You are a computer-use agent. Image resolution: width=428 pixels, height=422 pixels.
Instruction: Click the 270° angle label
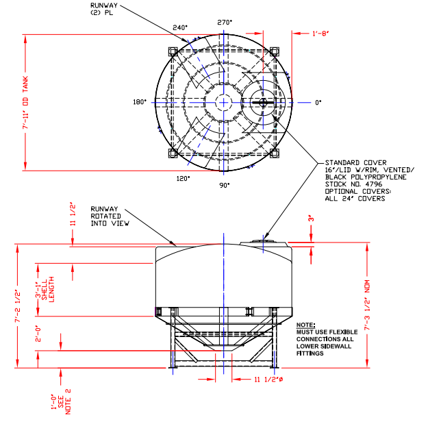225,22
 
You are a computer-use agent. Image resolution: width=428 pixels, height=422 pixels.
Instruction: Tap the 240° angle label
180,28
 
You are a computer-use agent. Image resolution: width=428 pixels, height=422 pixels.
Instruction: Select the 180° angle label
140,102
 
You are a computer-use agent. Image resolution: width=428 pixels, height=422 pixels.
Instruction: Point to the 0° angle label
318,102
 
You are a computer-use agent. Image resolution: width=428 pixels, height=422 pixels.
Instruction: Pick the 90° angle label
225,184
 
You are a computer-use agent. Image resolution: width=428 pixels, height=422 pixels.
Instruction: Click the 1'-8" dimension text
321,33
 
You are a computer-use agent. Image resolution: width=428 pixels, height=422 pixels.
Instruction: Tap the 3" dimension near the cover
310,219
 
